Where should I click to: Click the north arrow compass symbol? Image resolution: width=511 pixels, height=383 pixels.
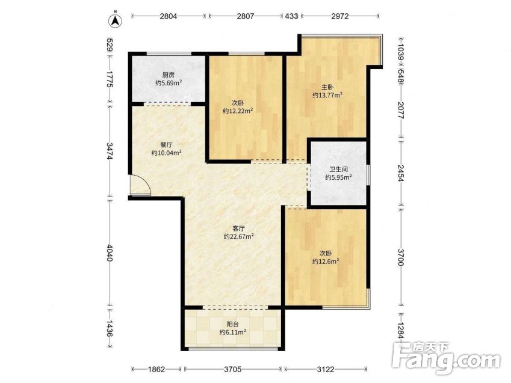click(x=115, y=20)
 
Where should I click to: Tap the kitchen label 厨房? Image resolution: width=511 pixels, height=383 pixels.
click(x=168, y=75)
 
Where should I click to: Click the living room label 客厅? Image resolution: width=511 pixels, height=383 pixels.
click(x=238, y=228)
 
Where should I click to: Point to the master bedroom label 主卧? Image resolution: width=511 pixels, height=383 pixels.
click(x=327, y=87)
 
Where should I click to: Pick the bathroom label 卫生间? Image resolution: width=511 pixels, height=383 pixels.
click(x=338, y=170)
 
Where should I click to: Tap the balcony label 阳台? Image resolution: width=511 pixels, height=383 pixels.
click(x=233, y=325)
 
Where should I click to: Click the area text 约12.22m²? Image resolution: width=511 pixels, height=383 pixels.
click(x=238, y=111)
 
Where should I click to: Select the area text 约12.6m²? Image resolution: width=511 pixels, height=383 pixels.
click(x=326, y=261)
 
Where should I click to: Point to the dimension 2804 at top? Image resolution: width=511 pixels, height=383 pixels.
click(x=168, y=16)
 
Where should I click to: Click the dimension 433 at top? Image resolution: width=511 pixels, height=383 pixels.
click(x=292, y=16)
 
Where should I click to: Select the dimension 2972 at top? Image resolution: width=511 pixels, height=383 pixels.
click(x=340, y=16)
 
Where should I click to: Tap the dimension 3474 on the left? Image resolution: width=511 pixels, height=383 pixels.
click(x=110, y=151)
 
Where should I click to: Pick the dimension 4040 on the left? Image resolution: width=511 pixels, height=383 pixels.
click(x=110, y=253)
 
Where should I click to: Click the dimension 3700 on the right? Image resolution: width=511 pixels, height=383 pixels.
click(x=401, y=257)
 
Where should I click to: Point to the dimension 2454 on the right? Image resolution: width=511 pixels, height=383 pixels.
click(x=401, y=173)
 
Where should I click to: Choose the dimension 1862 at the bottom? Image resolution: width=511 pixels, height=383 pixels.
click(x=156, y=369)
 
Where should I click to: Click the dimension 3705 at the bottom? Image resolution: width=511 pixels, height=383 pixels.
click(x=233, y=369)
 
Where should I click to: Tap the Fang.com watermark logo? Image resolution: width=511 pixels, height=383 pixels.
click(x=447, y=358)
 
